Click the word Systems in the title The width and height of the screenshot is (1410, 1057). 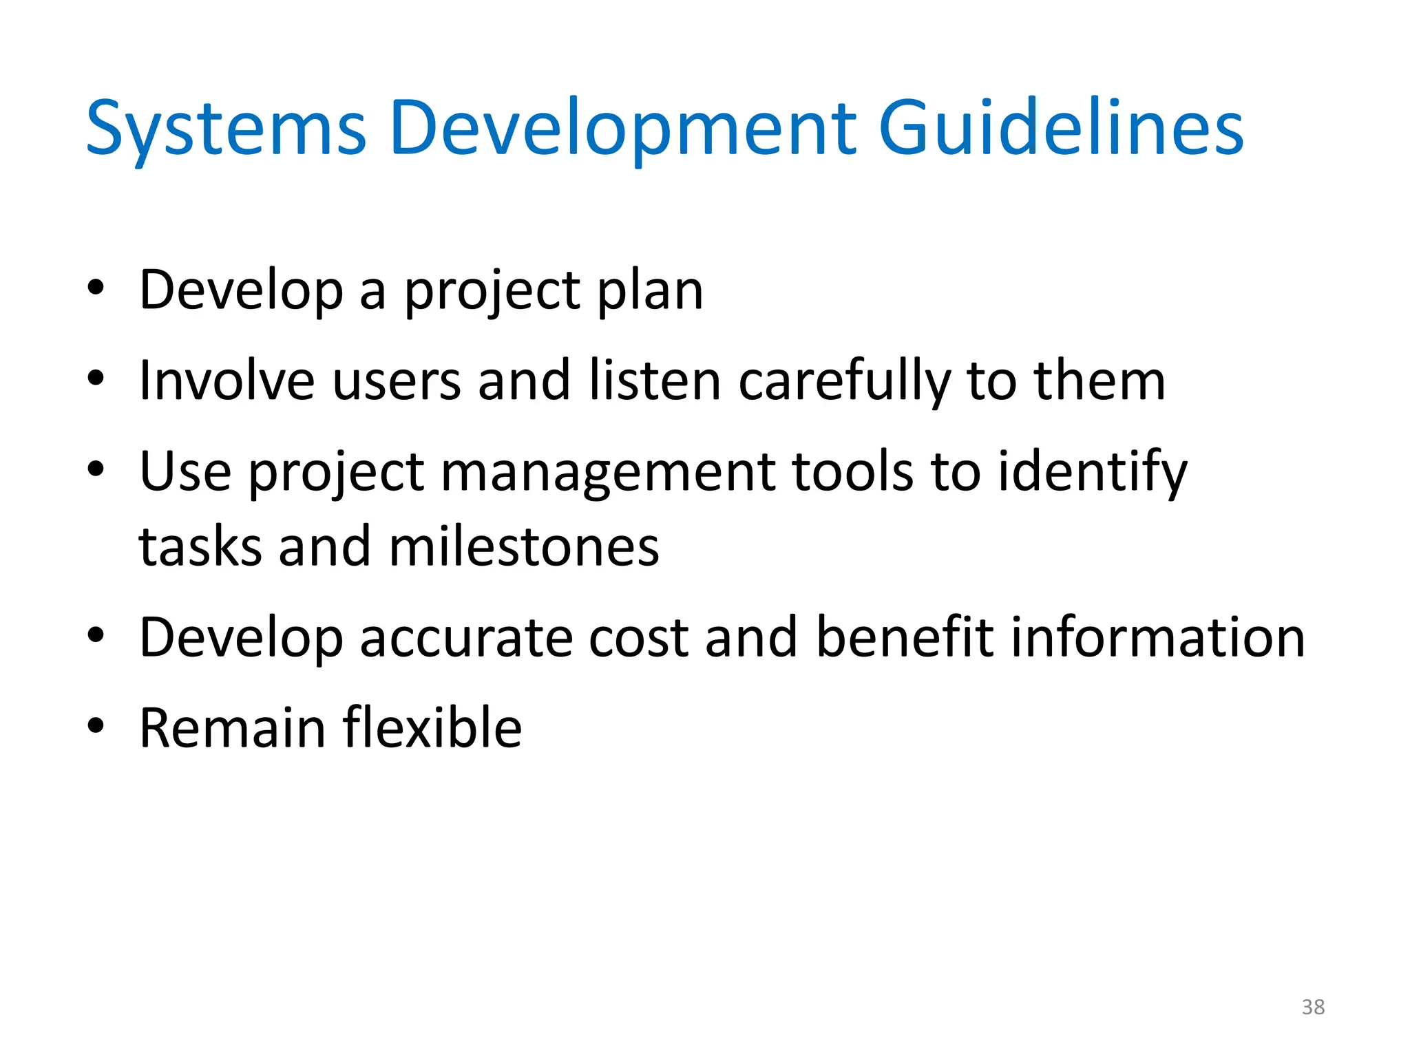[x=226, y=129]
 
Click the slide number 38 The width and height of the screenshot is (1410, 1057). [x=1313, y=1007]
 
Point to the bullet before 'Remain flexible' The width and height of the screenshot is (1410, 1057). [x=96, y=725]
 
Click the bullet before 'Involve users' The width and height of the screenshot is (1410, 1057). [x=96, y=378]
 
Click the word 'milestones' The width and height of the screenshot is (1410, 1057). [x=524, y=547]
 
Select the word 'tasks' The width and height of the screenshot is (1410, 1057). [x=200, y=547]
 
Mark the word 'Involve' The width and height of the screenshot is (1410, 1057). [x=227, y=381]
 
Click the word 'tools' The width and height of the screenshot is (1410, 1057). [x=852, y=472]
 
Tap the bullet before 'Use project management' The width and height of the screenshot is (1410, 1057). [x=96, y=469]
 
